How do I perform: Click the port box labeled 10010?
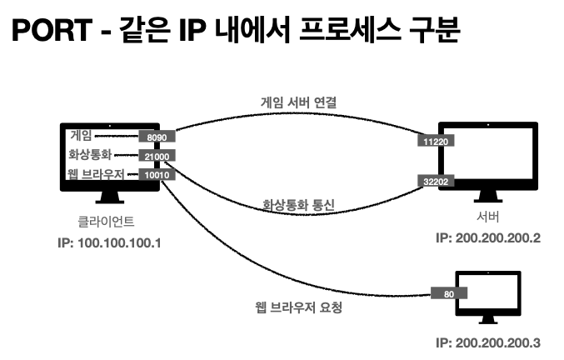click(156, 175)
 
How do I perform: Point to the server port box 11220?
click(435, 142)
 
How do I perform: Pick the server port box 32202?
click(435, 180)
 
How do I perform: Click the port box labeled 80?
click(449, 292)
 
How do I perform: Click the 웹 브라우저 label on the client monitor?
click(97, 174)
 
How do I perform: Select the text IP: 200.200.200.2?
click(488, 237)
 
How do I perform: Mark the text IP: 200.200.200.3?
click(488, 342)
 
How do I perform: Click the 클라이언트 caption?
click(101, 222)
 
